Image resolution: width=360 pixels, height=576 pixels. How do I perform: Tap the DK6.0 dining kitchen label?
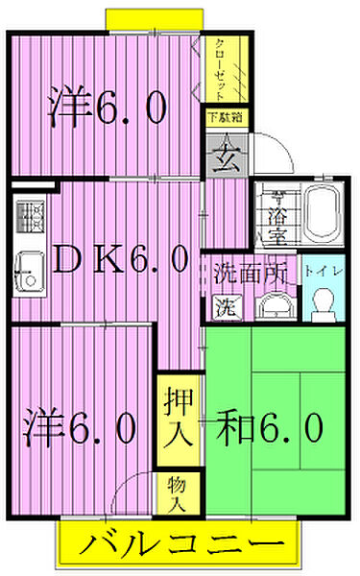[x=108, y=258]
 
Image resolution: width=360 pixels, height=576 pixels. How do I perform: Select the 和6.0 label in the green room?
[x=268, y=427]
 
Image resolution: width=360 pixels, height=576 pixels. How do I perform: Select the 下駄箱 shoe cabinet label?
[x=224, y=118]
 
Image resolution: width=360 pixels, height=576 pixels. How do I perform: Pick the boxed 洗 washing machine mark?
[x=222, y=309]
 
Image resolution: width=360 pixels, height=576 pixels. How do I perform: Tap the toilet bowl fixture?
[x=322, y=304]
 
